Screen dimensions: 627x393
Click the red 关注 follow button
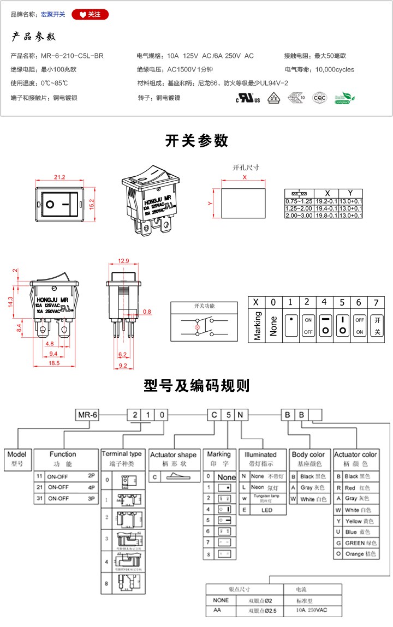[x=90, y=14]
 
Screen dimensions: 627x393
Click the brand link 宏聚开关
[x=53, y=14]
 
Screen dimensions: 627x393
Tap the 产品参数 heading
[x=34, y=37]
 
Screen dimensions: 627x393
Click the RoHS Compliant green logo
[x=344, y=98]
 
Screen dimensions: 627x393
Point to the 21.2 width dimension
[x=59, y=177]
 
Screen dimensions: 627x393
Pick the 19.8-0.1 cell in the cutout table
[x=327, y=216]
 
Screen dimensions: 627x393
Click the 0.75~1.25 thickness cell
[x=299, y=201]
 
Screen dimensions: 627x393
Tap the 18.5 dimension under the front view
[x=53, y=363]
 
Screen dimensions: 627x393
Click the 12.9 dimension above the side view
[x=123, y=260]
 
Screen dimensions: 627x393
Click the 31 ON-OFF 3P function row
[x=67, y=498]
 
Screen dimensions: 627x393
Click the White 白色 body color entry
[x=309, y=499]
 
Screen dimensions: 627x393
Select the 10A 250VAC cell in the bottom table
[x=313, y=611]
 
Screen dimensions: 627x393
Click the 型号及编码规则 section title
[x=196, y=386]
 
